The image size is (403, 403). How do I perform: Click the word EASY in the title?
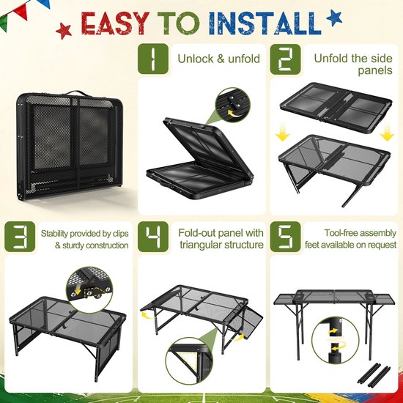pyautogui.click(x=115, y=23)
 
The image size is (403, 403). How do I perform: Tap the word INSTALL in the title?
pyautogui.click(x=265, y=23)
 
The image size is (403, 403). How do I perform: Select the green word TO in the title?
pyautogui.click(x=178, y=23)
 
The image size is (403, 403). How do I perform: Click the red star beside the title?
pyautogui.click(x=64, y=31)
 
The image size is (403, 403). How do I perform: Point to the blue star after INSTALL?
pyautogui.click(x=334, y=18)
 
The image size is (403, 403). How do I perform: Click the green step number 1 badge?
pyautogui.click(x=153, y=59)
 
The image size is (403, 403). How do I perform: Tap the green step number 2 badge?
pyautogui.click(x=285, y=59)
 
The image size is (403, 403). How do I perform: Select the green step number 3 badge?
pyautogui.click(x=20, y=237)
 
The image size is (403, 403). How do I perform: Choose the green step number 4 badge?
pyautogui.click(x=153, y=237)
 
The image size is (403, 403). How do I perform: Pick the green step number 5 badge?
pyautogui.click(x=285, y=237)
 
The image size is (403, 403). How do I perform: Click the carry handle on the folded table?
pyautogui.click(x=75, y=92)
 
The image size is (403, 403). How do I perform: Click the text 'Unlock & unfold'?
pyautogui.click(x=219, y=59)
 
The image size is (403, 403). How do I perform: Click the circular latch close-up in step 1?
pyautogui.click(x=233, y=105)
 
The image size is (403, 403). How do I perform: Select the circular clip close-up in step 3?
pyautogui.click(x=89, y=289)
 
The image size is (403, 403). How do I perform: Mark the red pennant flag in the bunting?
pyautogui.click(x=21, y=12)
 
